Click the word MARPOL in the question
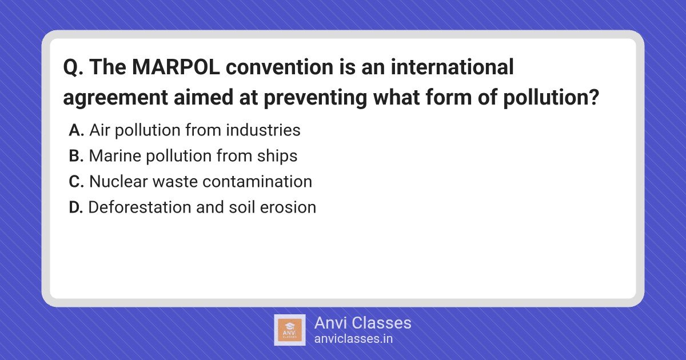[x=176, y=67]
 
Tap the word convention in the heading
[x=280, y=67]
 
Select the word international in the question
[x=452, y=67]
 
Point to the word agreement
[x=115, y=98]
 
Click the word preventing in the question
[x=315, y=97]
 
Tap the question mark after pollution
[x=594, y=97]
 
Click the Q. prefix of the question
[x=73, y=67]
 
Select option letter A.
[x=76, y=130]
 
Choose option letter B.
[x=76, y=156]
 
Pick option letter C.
[x=76, y=182]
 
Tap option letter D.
[x=75, y=207]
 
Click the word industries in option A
[x=264, y=130]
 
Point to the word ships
[x=277, y=156]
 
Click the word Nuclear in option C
[x=118, y=181]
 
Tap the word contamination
[x=257, y=181]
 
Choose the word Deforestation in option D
[x=140, y=207]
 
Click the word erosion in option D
[x=288, y=207]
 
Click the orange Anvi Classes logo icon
[x=290, y=330]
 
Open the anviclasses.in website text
[x=353, y=339]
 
